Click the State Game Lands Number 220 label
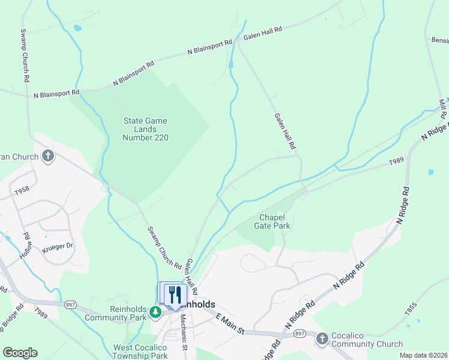pyautogui.click(x=145, y=129)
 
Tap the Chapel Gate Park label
pyautogui.click(x=275, y=221)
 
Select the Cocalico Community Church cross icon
pyautogui.click(x=322, y=338)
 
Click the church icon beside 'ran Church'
pyautogui.click(x=47, y=157)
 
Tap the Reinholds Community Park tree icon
pyautogui.click(x=155, y=312)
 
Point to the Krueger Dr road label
pyautogui.click(x=58, y=246)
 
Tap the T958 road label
pyautogui.click(x=22, y=190)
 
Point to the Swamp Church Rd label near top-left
pyautogui.click(x=25, y=56)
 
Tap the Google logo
pyautogui.click(x=20, y=353)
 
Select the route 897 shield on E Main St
pyautogui.click(x=300, y=334)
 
